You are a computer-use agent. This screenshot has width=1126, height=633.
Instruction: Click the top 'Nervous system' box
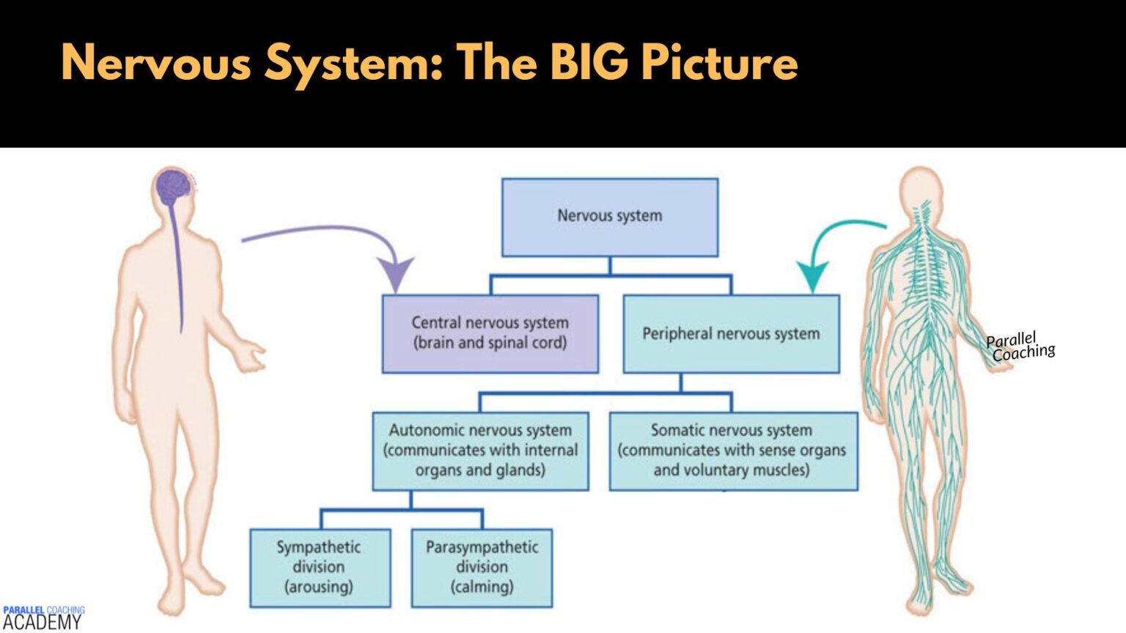[609, 217]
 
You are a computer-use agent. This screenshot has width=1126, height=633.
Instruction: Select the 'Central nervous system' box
[490, 333]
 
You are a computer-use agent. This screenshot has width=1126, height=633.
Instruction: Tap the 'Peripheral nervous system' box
[731, 333]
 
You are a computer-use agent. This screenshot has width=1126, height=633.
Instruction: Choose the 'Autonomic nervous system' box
[480, 451]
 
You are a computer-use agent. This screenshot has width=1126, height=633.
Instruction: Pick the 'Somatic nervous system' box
[732, 451]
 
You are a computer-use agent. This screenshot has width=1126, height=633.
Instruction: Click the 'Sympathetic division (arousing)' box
[320, 568]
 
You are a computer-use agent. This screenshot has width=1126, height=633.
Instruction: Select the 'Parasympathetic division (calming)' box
[482, 568]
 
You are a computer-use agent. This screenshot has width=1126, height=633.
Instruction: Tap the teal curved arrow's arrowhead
[812, 277]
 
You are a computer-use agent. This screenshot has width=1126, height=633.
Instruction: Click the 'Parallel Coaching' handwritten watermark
[1020, 347]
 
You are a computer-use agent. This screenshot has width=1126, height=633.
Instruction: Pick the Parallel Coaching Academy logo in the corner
[43, 618]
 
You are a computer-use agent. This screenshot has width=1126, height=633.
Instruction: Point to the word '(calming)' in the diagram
[482, 587]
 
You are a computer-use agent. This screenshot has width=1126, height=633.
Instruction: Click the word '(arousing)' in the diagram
[319, 587]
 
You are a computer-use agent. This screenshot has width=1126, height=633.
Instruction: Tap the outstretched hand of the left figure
[254, 358]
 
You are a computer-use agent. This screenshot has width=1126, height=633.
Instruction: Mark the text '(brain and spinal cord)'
[490, 343]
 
